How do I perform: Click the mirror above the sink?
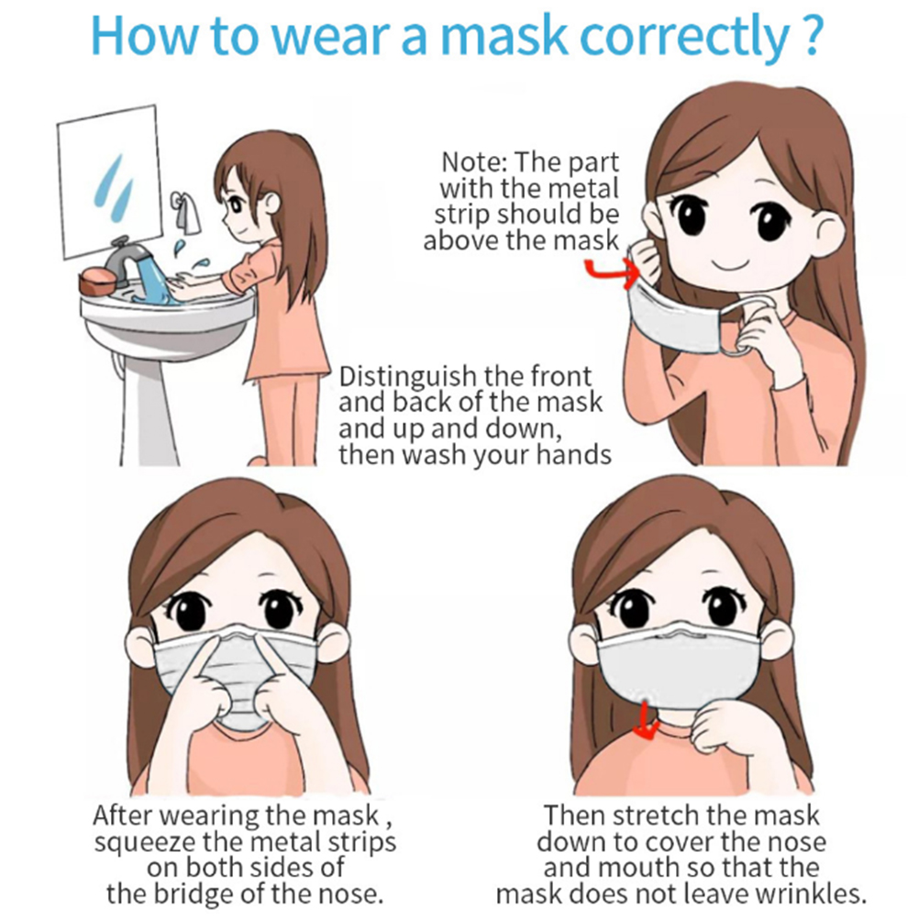[109, 181]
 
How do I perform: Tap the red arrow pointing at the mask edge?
[615, 273]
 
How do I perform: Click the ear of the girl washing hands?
[271, 203]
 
